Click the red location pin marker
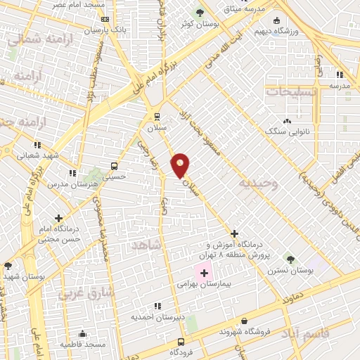tap(180, 166)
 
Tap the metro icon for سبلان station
tap(157, 117)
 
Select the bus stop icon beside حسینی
tap(114, 166)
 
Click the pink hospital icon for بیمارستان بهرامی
tap(204, 273)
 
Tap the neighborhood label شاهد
tap(146, 244)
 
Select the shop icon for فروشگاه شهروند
tap(243, 321)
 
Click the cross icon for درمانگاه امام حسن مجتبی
tap(59, 219)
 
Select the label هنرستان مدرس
tap(70, 184)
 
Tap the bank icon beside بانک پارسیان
tap(105, 20)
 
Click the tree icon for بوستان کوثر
tap(200, 13)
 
